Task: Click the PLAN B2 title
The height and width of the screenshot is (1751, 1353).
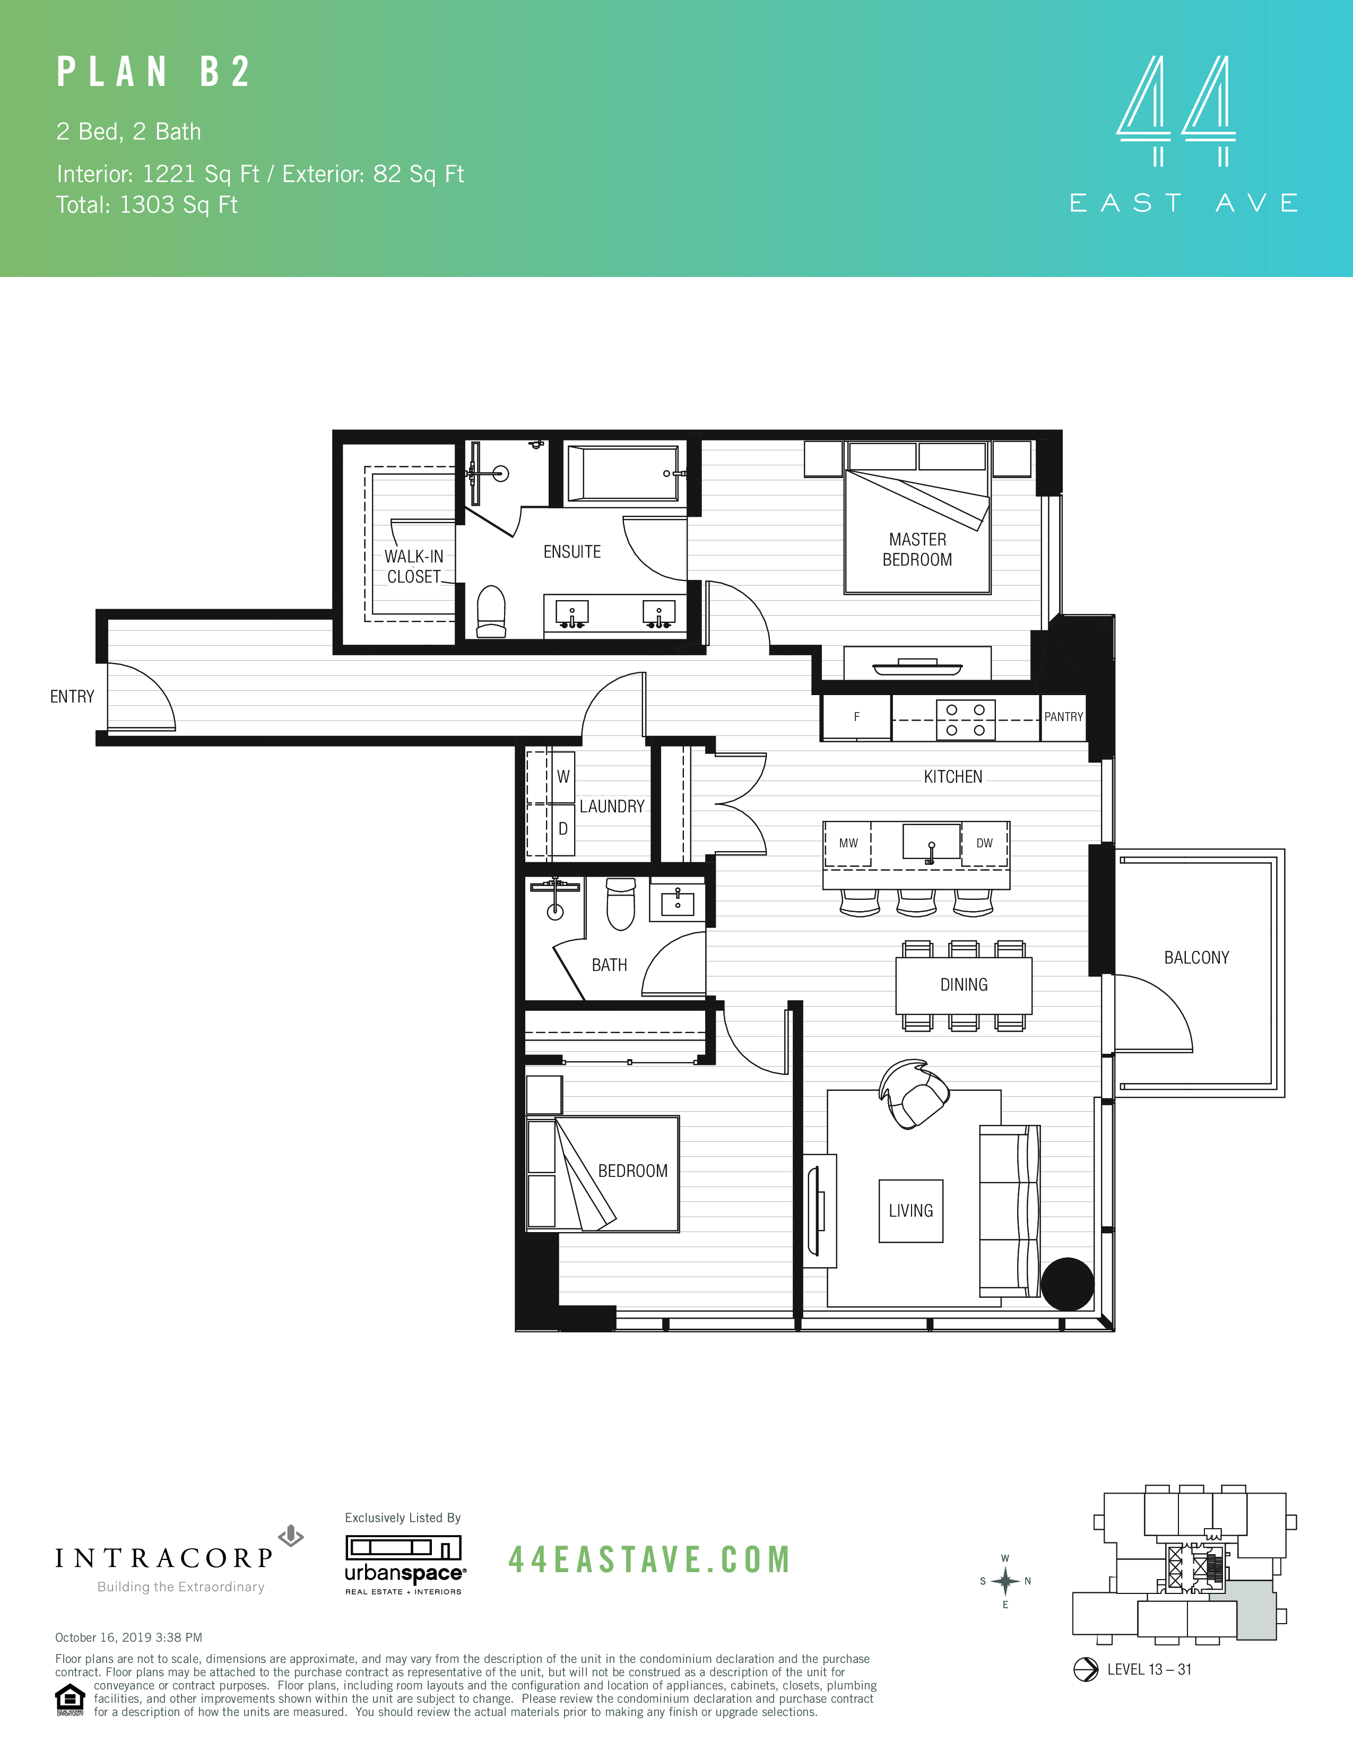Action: pyautogui.click(x=154, y=72)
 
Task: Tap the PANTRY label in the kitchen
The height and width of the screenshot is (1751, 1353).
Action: pyautogui.click(x=1063, y=717)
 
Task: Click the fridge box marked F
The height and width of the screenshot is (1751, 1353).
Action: pyautogui.click(x=856, y=717)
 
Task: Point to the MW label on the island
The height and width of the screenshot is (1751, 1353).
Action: pyautogui.click(x=848, y=844)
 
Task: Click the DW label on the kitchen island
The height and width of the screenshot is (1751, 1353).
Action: pyautogui.click(x=984, y=844)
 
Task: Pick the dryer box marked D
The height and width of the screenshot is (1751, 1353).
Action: pyautogui.click(x=562, y=829)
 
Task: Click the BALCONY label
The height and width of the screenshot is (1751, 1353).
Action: pyautogui.click(x=1196, y=957)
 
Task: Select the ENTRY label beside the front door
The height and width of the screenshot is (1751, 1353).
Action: pyautogui.click(x=72, y=697)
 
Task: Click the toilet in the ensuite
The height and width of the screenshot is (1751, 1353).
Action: pyautogui.click(x=491, y=611)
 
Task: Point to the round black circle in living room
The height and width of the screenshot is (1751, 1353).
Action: pyautogui.click(x=1067, y=1284)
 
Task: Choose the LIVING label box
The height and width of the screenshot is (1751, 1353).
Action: pyautogui.click(x=910, y=1211)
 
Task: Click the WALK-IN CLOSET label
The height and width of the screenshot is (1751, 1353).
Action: pyautogui.click(x=414, y=566)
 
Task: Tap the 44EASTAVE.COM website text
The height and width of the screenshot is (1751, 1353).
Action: pyautogui.click(x=649, y=1560)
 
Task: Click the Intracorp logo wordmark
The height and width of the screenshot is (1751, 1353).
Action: pyautogui.click(x=164, y=1558)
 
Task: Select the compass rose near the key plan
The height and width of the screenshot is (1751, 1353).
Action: pyautogui.click(x=1005, y=1581)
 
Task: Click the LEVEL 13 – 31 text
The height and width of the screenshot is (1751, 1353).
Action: pyautogui.click(x=1149, y=1669)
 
